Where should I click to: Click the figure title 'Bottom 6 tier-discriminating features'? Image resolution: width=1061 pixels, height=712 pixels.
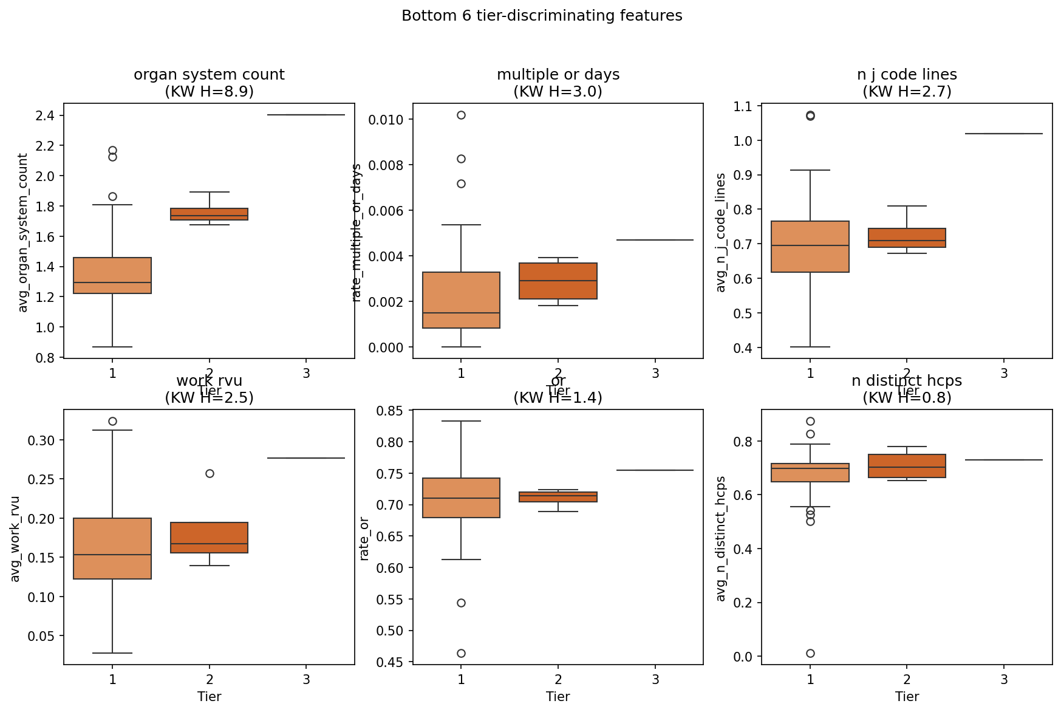[542, 16]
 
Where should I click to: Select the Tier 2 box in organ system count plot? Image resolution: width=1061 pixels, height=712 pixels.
[210, 214]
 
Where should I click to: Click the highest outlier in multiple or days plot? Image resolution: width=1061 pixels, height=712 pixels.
[461, 115]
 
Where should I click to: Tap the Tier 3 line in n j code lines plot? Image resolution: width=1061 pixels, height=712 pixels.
[1004, 134]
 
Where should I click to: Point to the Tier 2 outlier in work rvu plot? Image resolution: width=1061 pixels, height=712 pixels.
[210, 473]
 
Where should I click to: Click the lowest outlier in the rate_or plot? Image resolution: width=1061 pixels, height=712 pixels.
[461, 653]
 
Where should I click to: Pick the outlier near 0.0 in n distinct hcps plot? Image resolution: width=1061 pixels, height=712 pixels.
[810, 653]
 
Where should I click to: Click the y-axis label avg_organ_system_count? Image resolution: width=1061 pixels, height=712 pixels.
[23, 233]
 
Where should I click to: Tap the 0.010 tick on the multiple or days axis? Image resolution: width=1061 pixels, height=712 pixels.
[385, 119]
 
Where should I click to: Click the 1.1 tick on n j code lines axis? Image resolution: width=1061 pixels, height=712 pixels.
[743, 106]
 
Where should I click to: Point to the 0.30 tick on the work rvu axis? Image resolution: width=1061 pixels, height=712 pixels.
[40, 440]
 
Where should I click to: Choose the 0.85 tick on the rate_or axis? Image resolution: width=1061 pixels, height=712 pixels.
[389, 411]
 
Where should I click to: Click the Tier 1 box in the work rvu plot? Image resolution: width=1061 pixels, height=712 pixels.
[112, 549]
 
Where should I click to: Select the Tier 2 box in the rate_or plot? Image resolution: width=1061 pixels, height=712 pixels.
[558, 496]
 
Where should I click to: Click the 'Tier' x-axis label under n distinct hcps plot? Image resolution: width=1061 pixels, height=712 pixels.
[907, 696]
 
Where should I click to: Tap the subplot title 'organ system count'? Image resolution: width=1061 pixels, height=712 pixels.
[209, 75]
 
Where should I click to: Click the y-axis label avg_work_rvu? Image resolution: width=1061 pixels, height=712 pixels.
[15, 539]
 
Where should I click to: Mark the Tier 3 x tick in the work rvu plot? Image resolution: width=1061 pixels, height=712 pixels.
[306, 679]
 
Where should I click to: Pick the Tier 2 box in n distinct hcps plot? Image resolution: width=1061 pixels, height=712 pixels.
[907, 466]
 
